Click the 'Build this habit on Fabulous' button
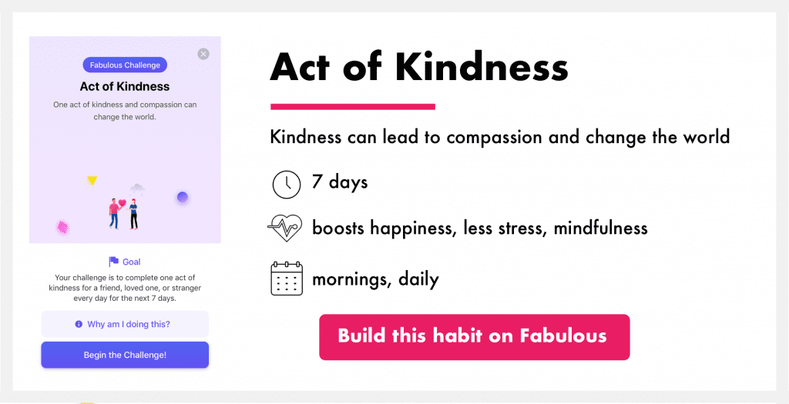pos(474,337)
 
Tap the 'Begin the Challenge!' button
pos(125,355)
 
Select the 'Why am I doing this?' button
pos(125,324)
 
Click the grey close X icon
pos(203,54)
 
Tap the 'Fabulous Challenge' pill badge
pos(125,65)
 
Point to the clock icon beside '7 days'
pos(287,184)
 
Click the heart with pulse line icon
pos(285,228)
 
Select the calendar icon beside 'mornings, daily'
pos(287,279)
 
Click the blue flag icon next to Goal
pos(114,262)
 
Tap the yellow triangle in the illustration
pos(92,180)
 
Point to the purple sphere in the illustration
pos(182,198)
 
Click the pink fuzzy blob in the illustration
pos(62,228)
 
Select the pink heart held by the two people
pos(123,203)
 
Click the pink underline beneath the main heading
pos(353,106)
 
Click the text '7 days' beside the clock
pos(340,182)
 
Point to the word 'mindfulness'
pos(600,228)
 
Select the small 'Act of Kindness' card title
pos(125,86)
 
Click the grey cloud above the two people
pos(137,189)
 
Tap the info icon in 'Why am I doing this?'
pos(79,325)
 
